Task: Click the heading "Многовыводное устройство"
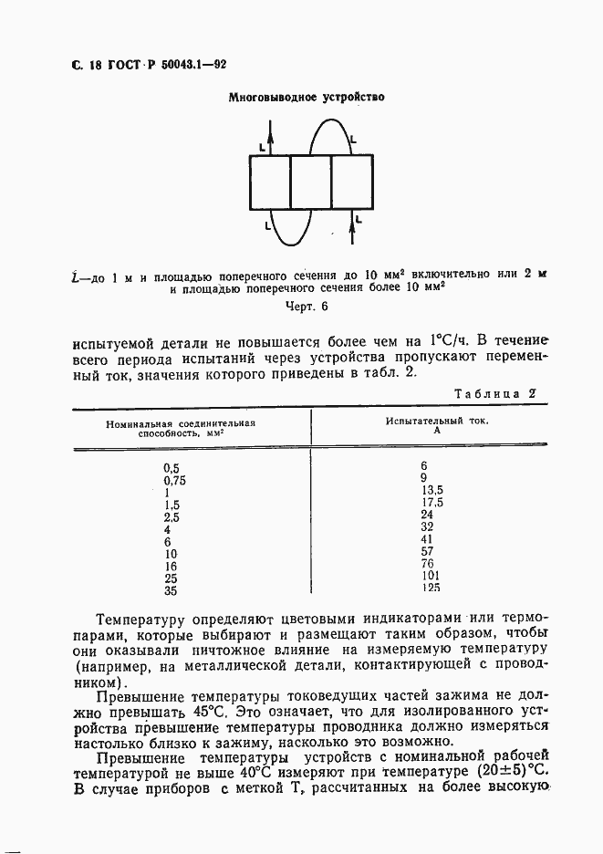coord(307,97)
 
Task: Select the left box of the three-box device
coord(269,182)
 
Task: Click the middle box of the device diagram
coord(310,182)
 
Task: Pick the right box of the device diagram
coord(351,182)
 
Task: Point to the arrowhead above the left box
coord(270,131)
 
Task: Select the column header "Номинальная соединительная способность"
coord(181,430)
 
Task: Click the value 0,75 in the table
coord(174,480)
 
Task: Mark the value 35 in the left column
coord(169,590)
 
